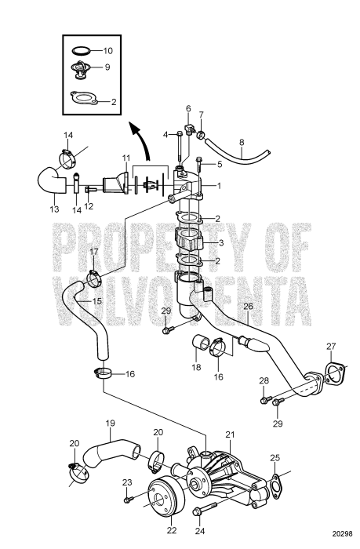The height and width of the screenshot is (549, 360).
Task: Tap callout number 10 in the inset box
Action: coord(108,51)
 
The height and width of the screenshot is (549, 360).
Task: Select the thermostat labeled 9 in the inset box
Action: coord(78,70)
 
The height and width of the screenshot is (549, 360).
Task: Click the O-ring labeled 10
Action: coord(81,51)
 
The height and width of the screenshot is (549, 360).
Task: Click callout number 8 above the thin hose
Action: coord(242,143)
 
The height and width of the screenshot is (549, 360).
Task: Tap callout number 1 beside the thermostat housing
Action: coord(220,185)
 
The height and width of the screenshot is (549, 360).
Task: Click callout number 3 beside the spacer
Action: coord(221,242)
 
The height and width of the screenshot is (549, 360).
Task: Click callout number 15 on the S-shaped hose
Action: coord(97,301)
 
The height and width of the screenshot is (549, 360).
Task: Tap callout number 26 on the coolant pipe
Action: coord(248,307)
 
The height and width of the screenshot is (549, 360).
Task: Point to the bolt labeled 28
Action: coord(267,399)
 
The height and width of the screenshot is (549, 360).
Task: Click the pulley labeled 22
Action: coord(165,497)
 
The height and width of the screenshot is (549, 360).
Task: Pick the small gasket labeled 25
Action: coord(277,485)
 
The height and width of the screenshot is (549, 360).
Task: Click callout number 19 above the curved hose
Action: coord(111,424)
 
